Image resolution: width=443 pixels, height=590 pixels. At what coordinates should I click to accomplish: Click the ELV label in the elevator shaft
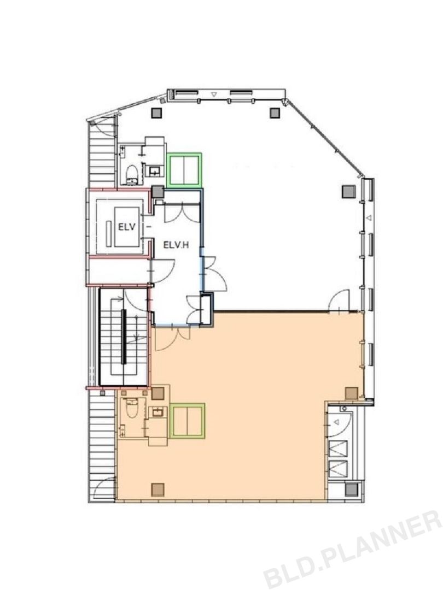click(126, 227)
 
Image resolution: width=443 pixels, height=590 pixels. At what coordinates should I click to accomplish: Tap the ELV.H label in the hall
click(176, 245)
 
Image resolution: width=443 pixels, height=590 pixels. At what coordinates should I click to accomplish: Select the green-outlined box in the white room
click(184, 170)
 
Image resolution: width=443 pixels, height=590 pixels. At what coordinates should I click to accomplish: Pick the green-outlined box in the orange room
click(187, 421)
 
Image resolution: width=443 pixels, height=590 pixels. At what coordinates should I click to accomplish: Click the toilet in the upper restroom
click(131, 175)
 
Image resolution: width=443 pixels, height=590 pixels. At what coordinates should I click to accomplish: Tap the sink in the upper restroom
click(155, 172)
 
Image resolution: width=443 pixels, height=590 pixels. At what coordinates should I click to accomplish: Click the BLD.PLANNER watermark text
click(352, 550)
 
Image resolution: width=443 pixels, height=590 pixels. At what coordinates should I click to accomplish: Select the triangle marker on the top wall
click(214, 95)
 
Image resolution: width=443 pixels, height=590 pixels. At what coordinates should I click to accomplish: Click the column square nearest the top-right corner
click(275, 113)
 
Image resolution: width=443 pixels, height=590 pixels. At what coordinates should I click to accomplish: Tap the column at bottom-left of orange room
click(158, 489)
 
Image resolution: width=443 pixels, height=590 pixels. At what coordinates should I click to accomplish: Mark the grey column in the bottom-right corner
click(351, 489)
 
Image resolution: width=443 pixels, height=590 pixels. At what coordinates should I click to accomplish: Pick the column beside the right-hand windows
click(348, 192)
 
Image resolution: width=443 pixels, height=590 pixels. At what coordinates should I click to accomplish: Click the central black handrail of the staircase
click(123, 337)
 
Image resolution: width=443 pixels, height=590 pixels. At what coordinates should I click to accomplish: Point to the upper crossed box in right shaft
click(338, 448)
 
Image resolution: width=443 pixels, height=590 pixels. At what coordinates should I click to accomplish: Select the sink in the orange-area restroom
click(156, 413)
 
